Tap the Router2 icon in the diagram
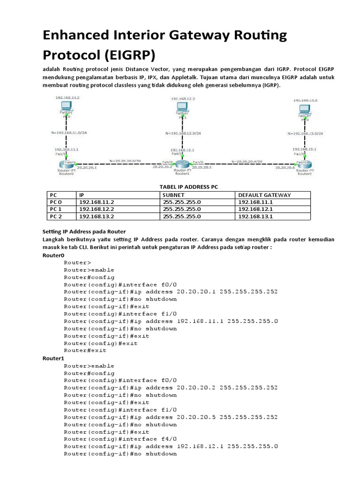coord(301,164)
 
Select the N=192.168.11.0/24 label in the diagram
coord(68,133)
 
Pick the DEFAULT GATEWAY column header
coord(264,195)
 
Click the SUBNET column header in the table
coord(173,195)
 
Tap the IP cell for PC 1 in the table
coord(97,209)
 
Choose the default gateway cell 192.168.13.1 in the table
coord(256,216)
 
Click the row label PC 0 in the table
coord(56,202)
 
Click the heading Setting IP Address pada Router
coord(83,231)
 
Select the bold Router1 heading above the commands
coord(53,358)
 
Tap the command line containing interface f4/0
coord(120,439)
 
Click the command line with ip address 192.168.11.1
coord(171,321)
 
